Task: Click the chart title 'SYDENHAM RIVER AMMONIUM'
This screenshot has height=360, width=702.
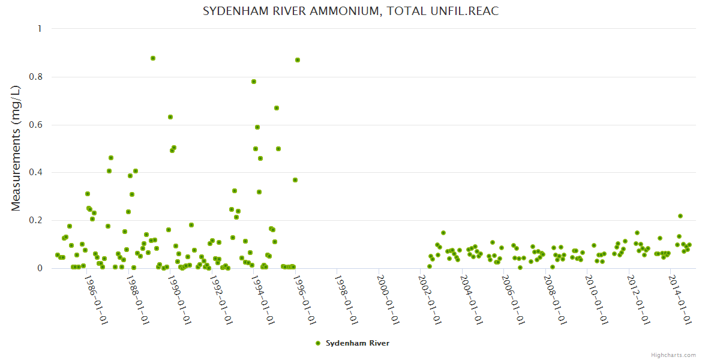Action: tap(350, 11)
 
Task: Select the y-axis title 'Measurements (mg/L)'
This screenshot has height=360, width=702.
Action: tap(16, 148)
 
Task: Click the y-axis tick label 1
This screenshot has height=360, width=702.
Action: tap(40, 29)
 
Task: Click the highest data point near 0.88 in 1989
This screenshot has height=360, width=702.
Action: tap(153, 58)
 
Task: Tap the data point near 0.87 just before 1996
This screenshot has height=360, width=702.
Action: tap(298, 60)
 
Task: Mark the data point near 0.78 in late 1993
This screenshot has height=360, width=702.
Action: tap(254, 82)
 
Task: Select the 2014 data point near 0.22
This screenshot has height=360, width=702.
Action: tap(680, 216)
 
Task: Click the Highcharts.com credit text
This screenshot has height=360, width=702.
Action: tap(673, 355)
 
